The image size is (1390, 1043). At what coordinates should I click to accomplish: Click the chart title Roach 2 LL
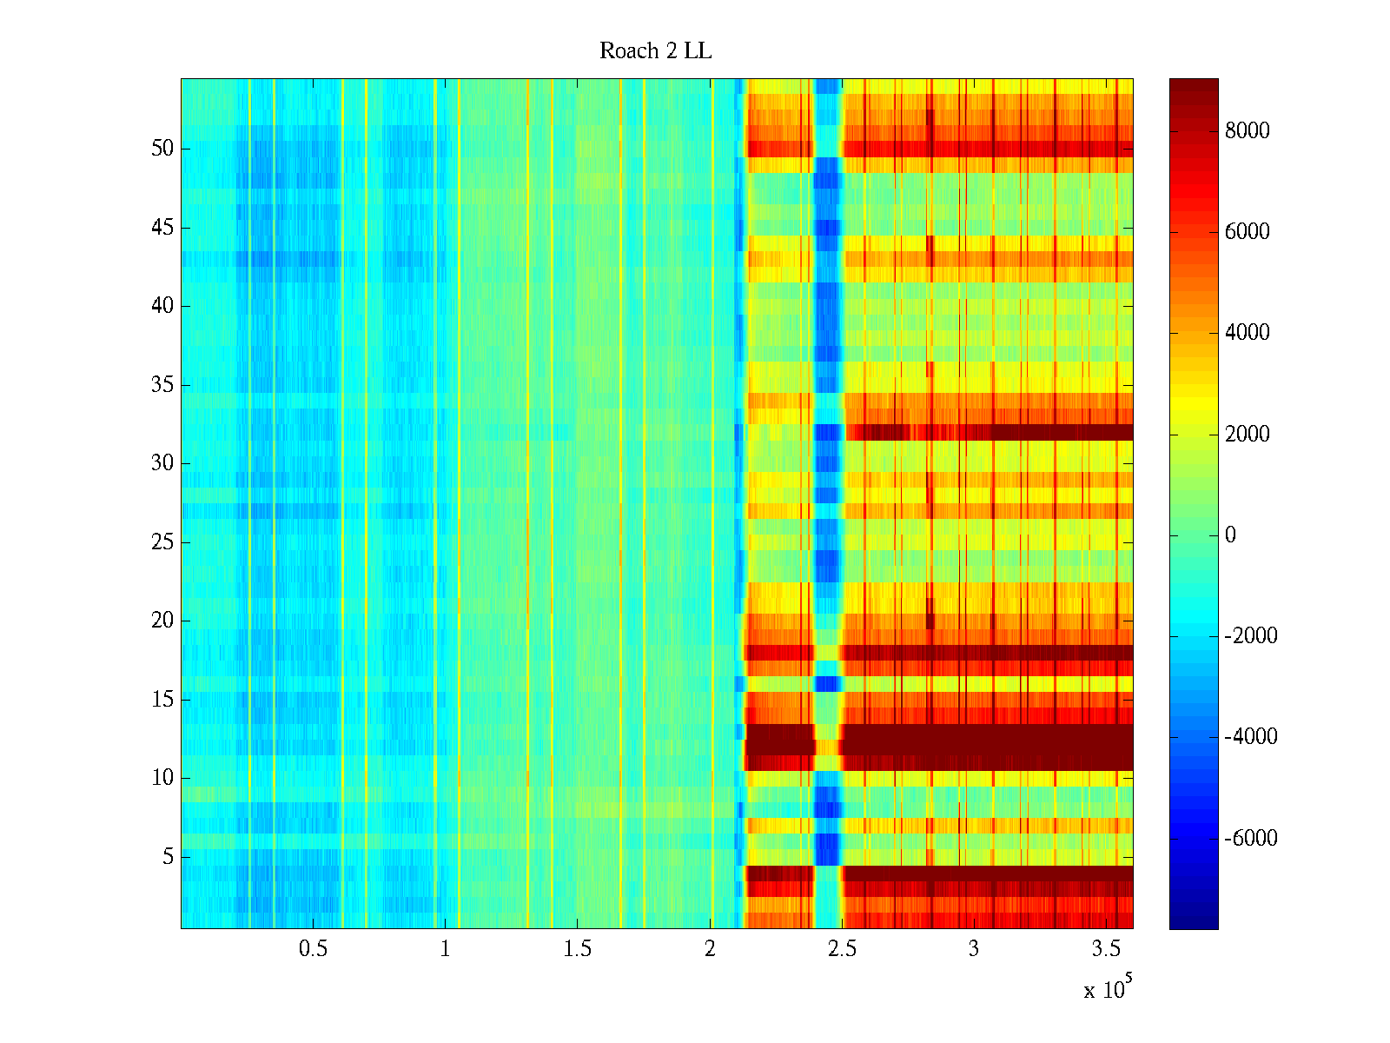pyautogui.click(x=655, y=51)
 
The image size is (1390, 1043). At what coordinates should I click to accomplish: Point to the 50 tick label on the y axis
pyautogui.click(x=162, y=149)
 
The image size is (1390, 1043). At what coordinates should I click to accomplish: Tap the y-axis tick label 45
pyautogui.click(x=162, y=228)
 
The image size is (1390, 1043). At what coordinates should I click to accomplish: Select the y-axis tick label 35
pyautogui.click(x=162, y=385)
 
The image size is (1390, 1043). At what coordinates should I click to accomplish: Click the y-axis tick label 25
pyautogui.click(x=162, y=542)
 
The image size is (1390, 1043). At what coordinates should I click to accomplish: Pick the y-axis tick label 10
pyautogui.click(x=162, y=778)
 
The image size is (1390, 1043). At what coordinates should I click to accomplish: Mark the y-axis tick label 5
pyautogui.click(x=168, y=857)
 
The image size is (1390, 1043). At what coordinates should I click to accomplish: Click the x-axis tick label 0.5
pyautogui.click(x=313, y=949)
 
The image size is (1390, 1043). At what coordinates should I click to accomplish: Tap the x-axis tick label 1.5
pyautogui.click(x=577, y=949)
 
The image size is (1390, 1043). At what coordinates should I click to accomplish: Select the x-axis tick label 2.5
pyautogui.click(x=842, y=949)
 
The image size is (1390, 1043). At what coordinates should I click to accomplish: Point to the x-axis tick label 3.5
pyautogui.click(x=1106, y=949)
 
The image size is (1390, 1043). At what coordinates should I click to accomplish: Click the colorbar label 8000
pyautogui.click(x=1247, y=131)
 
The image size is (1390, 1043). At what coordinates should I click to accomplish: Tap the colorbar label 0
pyautogui.click(x=1230, y=535)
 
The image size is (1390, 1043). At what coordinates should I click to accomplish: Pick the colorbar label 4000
pyautogui.click(x=1247, y=333)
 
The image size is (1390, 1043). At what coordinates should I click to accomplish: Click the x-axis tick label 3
pyautogui.click(x=974, y=949)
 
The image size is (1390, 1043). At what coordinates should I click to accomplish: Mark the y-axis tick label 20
pyautogui.click(x=162, y=621)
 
